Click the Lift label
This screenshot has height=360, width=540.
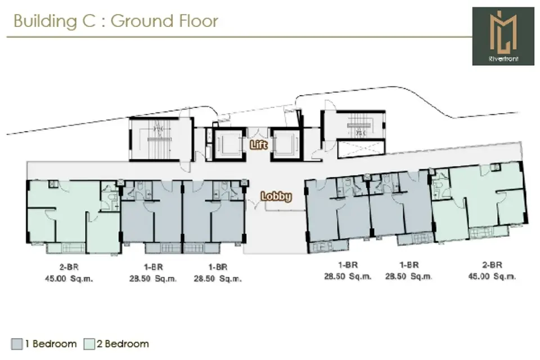259,145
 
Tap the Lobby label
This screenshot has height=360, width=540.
276,196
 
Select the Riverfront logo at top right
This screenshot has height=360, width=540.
503,36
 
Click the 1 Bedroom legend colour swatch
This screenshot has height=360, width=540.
16,344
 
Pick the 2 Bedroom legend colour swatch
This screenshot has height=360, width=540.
89,344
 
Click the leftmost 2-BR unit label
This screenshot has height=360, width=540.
69,267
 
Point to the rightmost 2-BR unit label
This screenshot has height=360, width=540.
492,265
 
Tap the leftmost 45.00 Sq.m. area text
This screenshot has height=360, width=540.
69,278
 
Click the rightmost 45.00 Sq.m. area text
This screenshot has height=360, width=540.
492,276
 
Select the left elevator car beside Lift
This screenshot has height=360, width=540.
229,145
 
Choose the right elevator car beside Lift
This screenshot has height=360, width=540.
286,145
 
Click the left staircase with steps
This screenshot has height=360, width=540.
160,139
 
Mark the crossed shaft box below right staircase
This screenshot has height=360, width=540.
361,148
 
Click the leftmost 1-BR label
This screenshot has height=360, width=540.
153,267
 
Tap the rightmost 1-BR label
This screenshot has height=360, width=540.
409,265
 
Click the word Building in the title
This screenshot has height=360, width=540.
45,21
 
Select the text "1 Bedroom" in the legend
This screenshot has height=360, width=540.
51,344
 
